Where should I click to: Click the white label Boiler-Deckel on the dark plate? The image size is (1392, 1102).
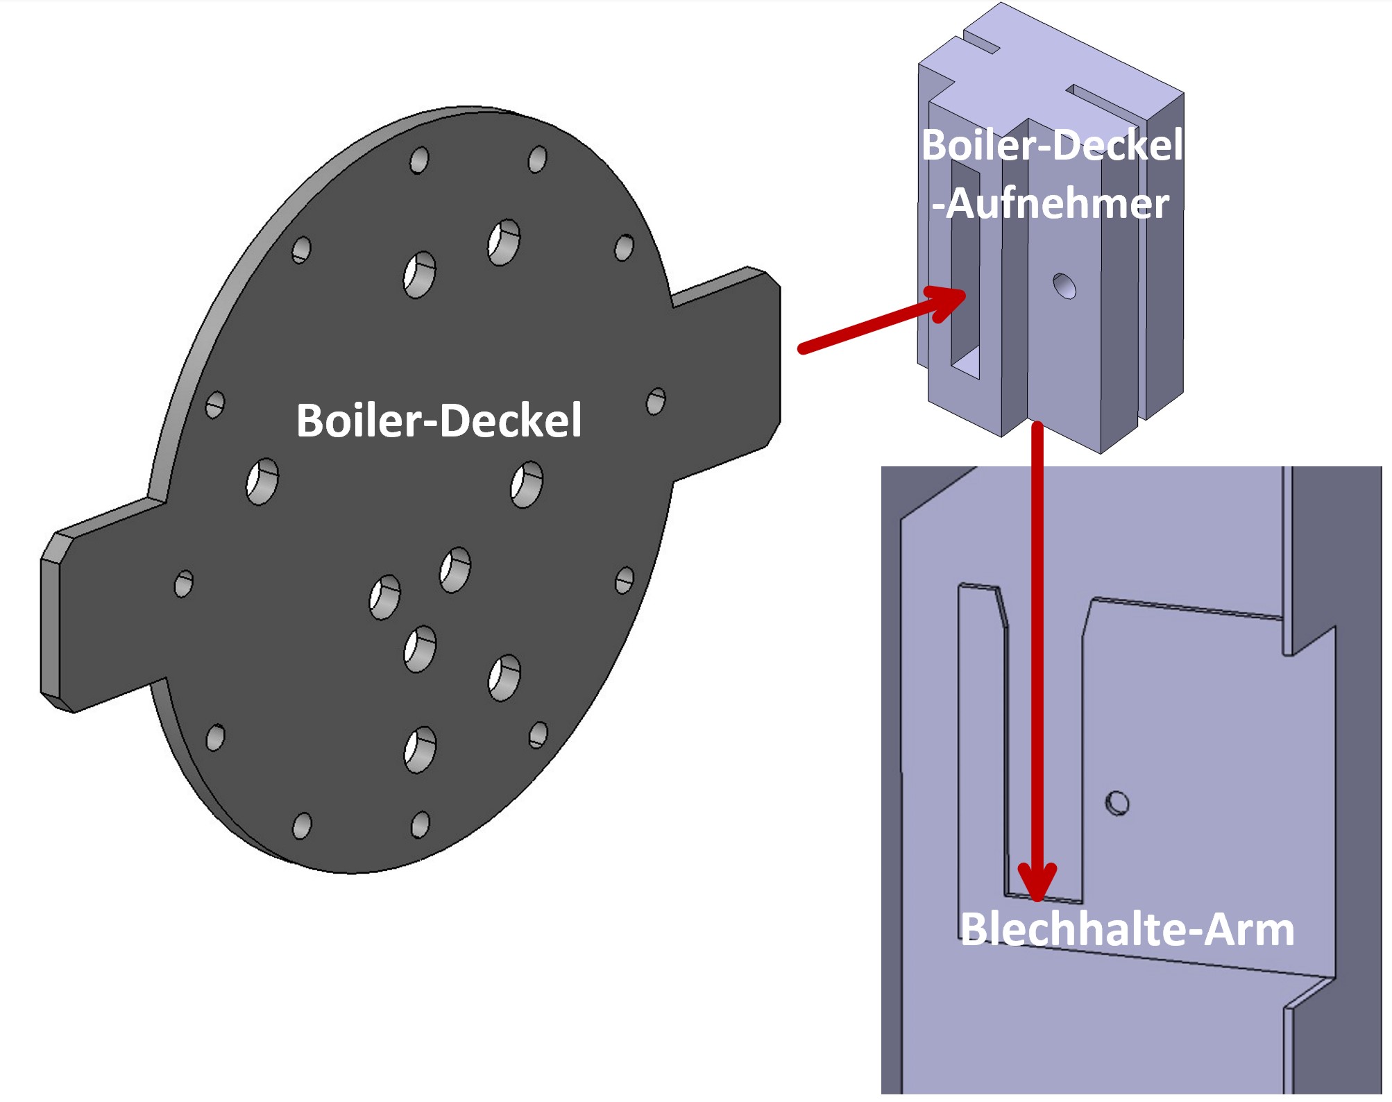(439, 421)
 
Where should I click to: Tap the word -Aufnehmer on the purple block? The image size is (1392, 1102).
(1050, 204)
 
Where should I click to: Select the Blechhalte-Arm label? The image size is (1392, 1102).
(1127, 930)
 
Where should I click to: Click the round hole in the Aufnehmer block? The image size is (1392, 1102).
(1064, 285)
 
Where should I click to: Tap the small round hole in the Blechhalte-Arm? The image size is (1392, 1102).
(1117, 803)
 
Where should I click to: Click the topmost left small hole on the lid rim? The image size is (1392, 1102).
(419, 160)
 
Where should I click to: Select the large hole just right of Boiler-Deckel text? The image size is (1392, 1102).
(527, 484)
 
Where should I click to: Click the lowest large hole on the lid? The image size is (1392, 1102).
(420, 749)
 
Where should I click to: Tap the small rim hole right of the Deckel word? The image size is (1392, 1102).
(655, 401)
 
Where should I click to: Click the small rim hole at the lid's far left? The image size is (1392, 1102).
(183, 584)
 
